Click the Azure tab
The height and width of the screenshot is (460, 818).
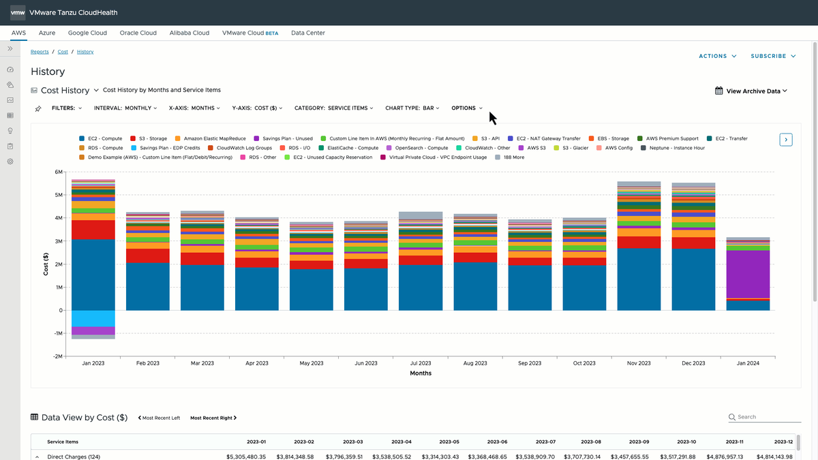(47, 33)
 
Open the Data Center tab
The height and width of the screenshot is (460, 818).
(308, 33)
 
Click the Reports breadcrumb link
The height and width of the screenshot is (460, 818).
(40, 52)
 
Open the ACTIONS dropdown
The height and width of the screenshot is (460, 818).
(718, 56)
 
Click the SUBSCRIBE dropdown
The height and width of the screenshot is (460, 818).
(773, 56)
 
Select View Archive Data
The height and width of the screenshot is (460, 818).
(751, 91)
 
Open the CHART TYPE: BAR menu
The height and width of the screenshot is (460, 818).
(412, 108)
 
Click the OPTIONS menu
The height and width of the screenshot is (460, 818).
(467, 108)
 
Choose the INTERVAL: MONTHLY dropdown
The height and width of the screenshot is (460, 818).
(125, 108)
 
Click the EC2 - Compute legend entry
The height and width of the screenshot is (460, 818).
(101, 139)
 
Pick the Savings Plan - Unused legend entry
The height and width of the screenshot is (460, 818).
(284, 139)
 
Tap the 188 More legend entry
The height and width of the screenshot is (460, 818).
(510, 157)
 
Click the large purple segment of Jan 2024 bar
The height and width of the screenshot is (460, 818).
(748, 274)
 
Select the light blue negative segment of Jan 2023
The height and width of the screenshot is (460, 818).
(93, 318)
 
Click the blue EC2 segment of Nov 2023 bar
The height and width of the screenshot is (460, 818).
(639, 279)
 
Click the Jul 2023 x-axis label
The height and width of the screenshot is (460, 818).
(421, 363)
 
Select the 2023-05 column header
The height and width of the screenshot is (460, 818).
(449, 442)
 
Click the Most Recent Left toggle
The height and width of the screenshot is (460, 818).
(159, 418)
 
